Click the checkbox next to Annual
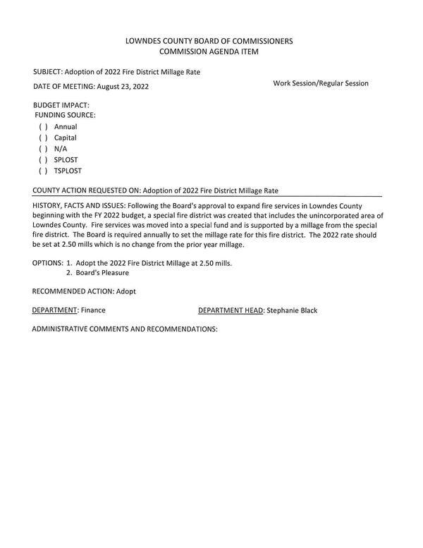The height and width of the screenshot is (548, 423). (x=43, y=127)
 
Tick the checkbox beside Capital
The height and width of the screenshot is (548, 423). (x=43, y=138)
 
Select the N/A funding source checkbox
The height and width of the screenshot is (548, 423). (x=43, y=149)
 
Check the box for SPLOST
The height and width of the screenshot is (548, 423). (x=43, y=160)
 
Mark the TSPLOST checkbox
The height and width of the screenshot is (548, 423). (x=43, y=171)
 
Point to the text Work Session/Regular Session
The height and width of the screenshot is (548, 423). (x=321, y=83)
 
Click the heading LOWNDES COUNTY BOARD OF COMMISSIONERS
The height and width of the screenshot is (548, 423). (x=209, y=41)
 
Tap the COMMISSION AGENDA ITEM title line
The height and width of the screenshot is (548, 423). (x=209, y=52)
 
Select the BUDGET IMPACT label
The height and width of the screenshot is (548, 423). (x=61, y=105)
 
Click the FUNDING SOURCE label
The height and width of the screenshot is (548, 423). (x=66, y=115)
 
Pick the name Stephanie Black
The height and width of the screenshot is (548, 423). (x=291, y=310)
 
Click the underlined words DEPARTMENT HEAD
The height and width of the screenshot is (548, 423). (x=231, y=310)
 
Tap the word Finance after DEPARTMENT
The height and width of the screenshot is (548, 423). (x=93, y=310)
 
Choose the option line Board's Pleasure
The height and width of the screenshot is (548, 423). (x=102, y=273)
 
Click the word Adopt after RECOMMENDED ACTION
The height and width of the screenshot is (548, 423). (x=126, y=291)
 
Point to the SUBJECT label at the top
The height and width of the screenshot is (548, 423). (x=47, y=72)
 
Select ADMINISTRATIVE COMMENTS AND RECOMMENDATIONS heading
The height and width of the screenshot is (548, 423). (x=125, y=329)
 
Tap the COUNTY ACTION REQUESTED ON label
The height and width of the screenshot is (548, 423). (x=86, y=191)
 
